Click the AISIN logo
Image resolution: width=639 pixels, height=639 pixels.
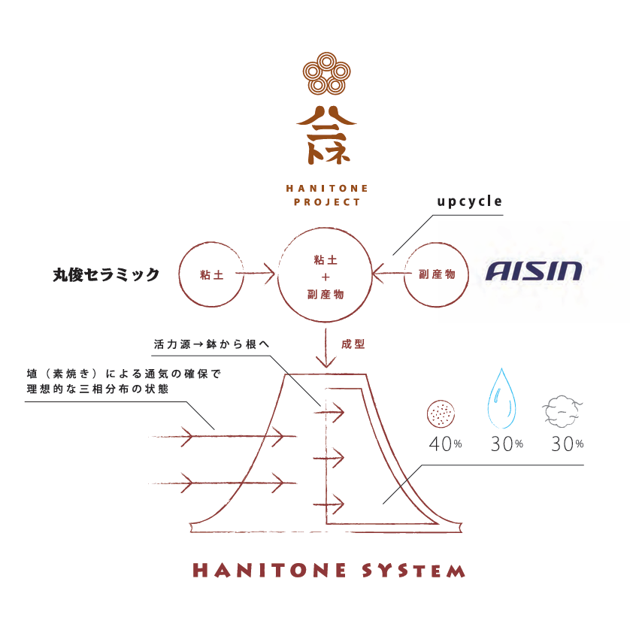(x=534, y=271)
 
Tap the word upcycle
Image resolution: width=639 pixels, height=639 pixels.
(x=470, y=201)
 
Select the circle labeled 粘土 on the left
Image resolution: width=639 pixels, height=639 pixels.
(x=211, y=275)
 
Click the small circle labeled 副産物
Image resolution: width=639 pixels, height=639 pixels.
(x=437, y=275)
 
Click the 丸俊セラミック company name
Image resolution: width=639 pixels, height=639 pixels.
(x=106, y=275)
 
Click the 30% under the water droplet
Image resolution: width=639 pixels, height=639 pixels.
(x=506, y=444)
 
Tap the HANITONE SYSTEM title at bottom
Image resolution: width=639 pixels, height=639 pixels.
(x=329, y=571)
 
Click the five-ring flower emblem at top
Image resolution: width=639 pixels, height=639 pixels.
(x=326, y=74)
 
